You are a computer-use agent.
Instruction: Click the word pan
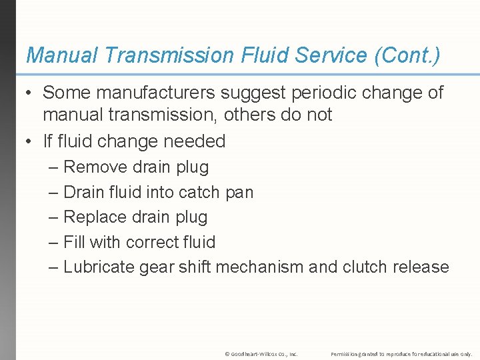pyautogui.click(x=239, y=192)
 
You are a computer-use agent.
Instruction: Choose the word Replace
pyautogui.click(x=95, y=217)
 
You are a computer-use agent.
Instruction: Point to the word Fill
pyautogui.click(x=73, y=242)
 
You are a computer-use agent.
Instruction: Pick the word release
pyautogui.click(x=421, y=267)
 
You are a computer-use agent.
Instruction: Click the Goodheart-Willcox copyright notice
pyautogui.click(x=261, y=354)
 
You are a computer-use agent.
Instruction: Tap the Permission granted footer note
pyautogui.click(x=401, y=354)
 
